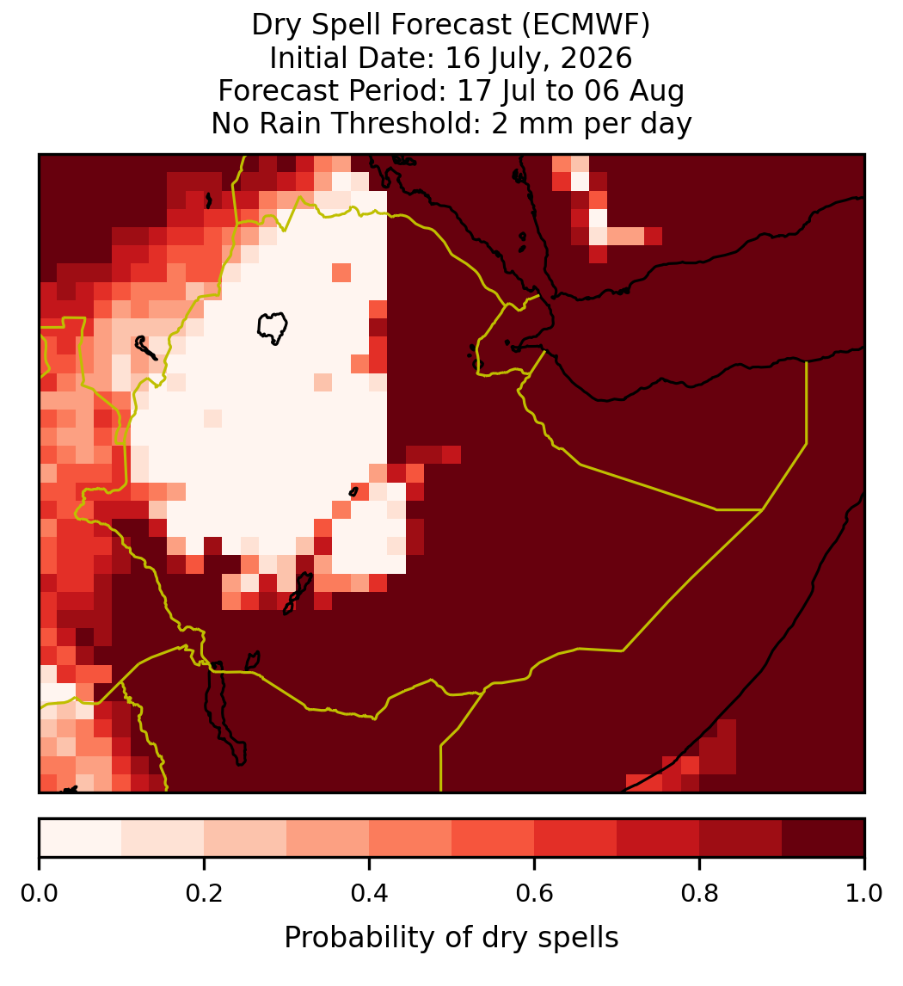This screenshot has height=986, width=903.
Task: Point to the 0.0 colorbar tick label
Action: pos(39,894)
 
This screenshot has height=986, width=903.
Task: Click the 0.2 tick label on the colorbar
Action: pos(204,894)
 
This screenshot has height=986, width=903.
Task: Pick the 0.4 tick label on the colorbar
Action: pos(370,894)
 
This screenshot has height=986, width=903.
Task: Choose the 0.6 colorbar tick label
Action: pos(535,894)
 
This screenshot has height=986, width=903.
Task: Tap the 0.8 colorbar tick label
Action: pos(700,894)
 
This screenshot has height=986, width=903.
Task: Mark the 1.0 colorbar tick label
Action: pos(864,894)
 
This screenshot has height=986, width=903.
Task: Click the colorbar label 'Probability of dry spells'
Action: pos(451,938)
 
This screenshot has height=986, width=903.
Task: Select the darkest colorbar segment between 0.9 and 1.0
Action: pos(823,838)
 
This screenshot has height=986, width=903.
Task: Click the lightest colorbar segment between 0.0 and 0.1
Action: pos(81,838)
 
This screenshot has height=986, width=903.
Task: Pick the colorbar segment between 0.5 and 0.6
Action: pos(494,838)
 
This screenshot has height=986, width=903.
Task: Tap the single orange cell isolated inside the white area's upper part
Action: pos(341,273)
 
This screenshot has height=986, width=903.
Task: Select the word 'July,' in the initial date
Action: pos(528,59)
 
